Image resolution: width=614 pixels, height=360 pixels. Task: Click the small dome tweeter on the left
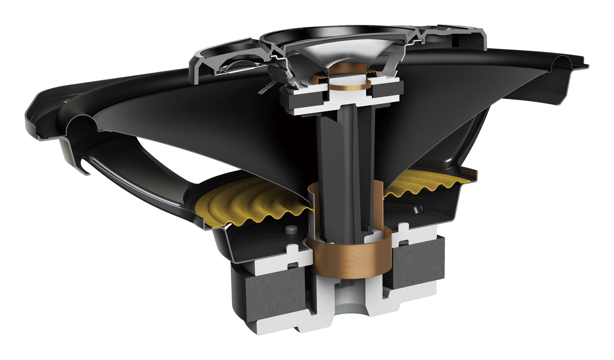pyautogui.click(x=237, y=65)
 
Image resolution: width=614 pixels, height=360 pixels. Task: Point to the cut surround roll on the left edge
pyautogui.click(x=82, y=123)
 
